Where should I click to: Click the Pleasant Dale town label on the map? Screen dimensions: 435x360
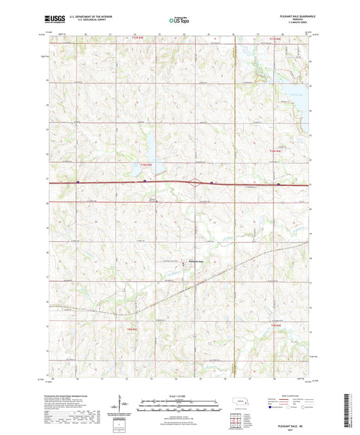[x=196, y=262]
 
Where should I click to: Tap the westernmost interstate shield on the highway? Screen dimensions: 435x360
[x=80, y=181]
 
